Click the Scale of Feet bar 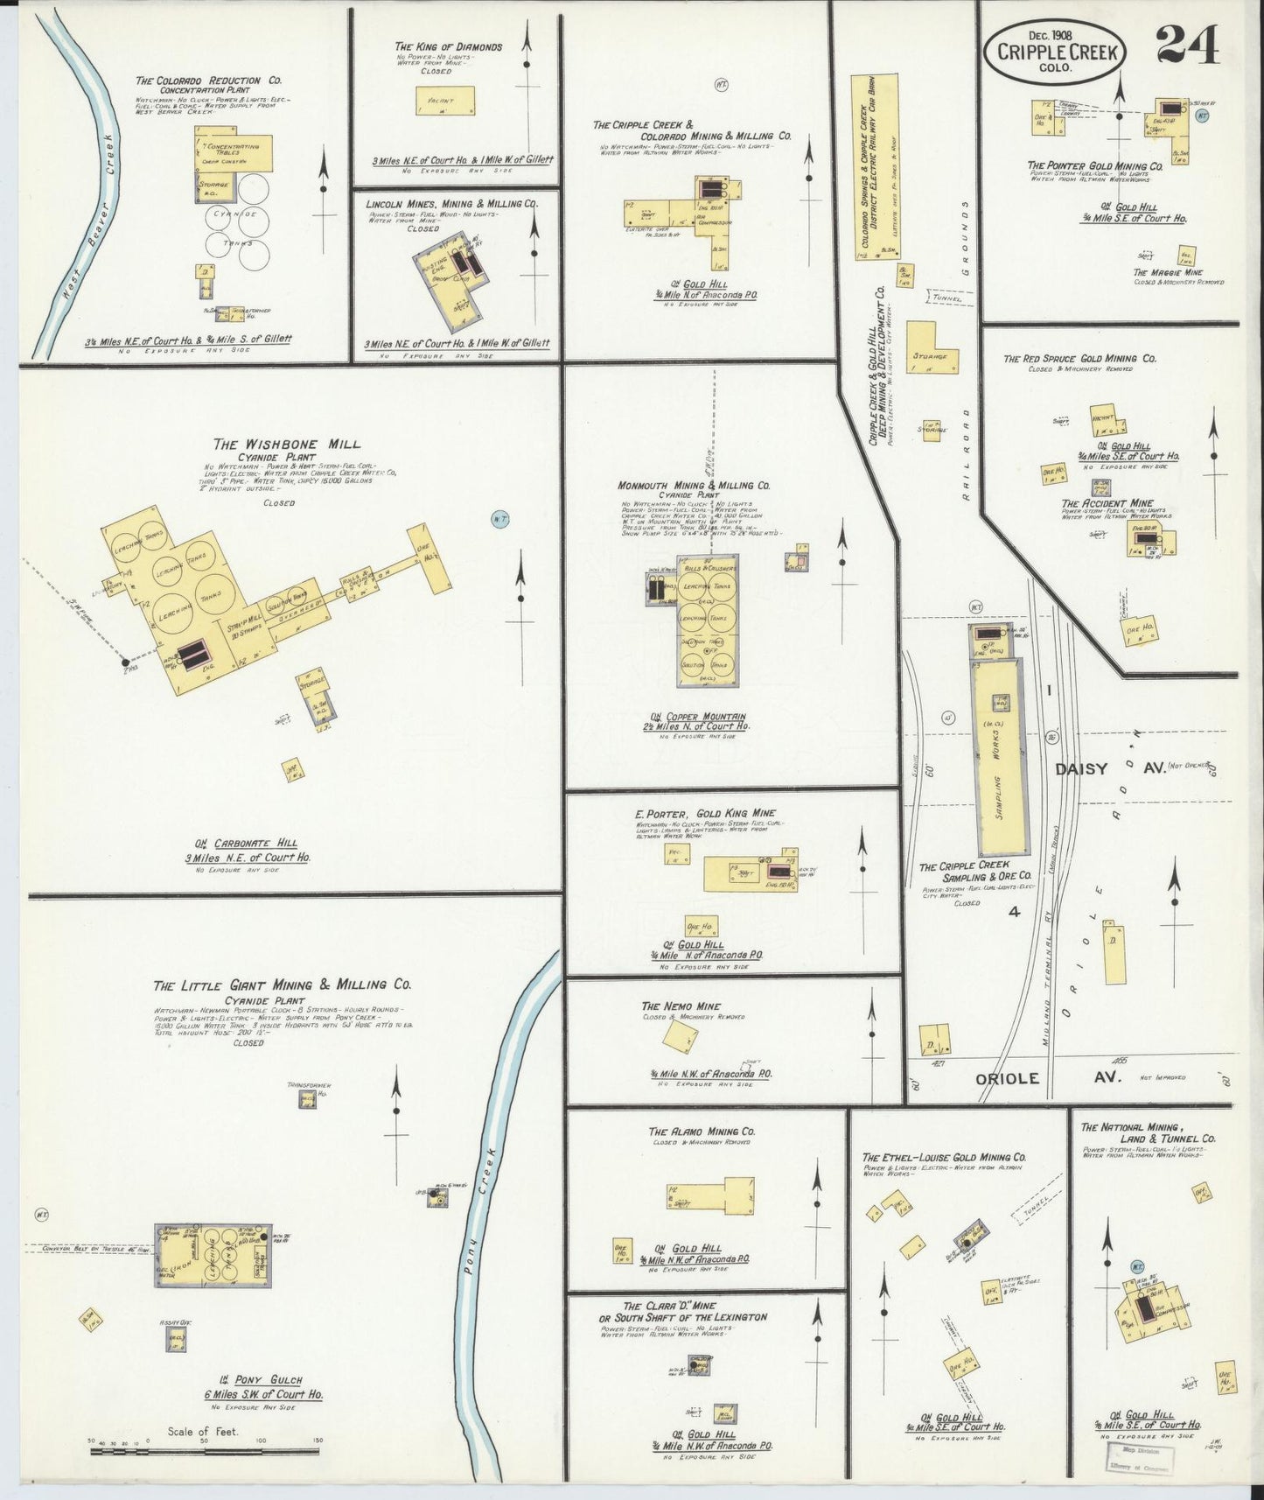[205, 1451]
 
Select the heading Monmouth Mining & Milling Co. [693, 485]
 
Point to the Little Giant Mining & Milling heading [282, 985]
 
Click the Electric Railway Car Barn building [875, 166]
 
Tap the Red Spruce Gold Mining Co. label [1079, 359]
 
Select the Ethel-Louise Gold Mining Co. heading [944, 1156]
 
